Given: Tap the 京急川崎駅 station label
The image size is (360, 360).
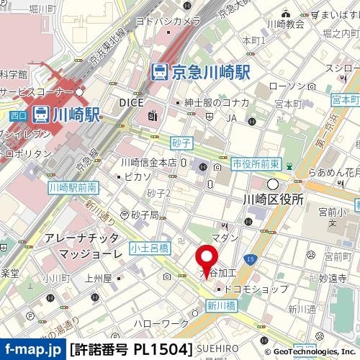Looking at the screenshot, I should coord(201,71).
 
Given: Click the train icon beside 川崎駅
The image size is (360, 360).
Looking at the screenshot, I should coord(41,114).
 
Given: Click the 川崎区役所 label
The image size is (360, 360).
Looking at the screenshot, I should coord(274,199).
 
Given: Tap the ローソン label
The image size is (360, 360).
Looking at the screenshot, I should coord(287,86).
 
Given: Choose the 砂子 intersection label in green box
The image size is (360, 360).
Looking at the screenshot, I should coord(181,144).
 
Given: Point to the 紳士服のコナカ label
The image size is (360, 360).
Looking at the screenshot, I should coord(216,102).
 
